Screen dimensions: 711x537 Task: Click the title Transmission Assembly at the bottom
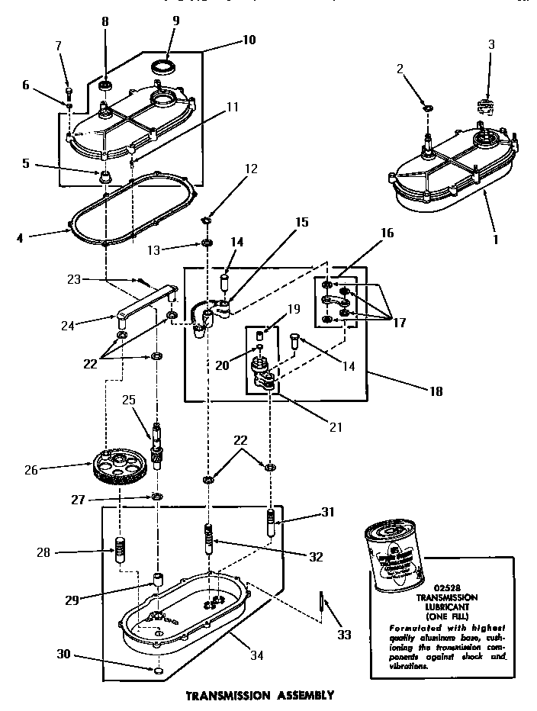(260, 695)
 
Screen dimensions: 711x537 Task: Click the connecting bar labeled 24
(144, 303)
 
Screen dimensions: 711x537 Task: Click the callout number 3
(491, 44)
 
